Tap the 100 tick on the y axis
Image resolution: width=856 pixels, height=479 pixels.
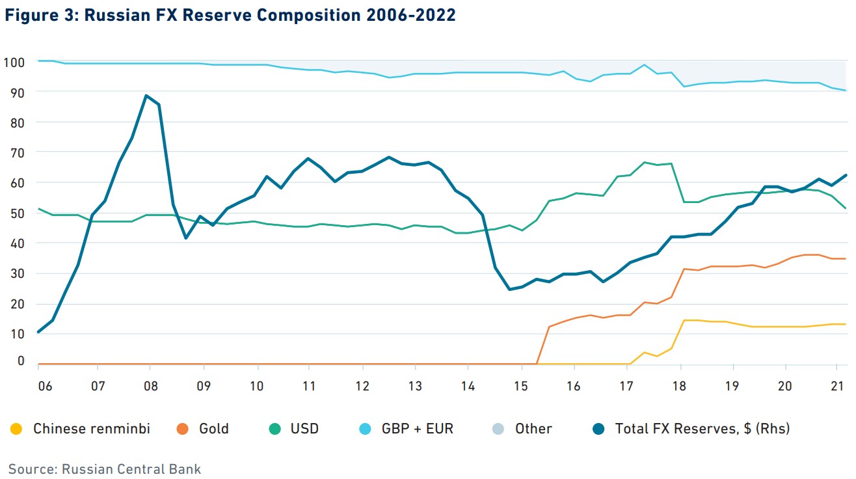click(14, 62)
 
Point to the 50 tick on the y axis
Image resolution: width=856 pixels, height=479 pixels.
click(14, 213)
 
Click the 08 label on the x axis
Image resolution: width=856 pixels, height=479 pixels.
click(150, 386)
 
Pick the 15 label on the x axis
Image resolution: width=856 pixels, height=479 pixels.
click(521, 386)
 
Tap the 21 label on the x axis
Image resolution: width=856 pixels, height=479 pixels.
click(838, 386)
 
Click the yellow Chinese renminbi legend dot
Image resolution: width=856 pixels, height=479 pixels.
click(16, 429)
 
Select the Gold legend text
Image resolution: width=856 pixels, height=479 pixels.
click(213, 429)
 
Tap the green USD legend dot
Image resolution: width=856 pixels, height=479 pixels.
click(273, 429)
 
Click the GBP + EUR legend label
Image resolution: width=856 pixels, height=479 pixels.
click(418, 429)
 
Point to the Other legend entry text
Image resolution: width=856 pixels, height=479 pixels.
click(533, 429)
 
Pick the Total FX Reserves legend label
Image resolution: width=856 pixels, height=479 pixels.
click(702, 429)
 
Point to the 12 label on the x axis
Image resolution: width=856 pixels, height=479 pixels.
click(362, 386)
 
